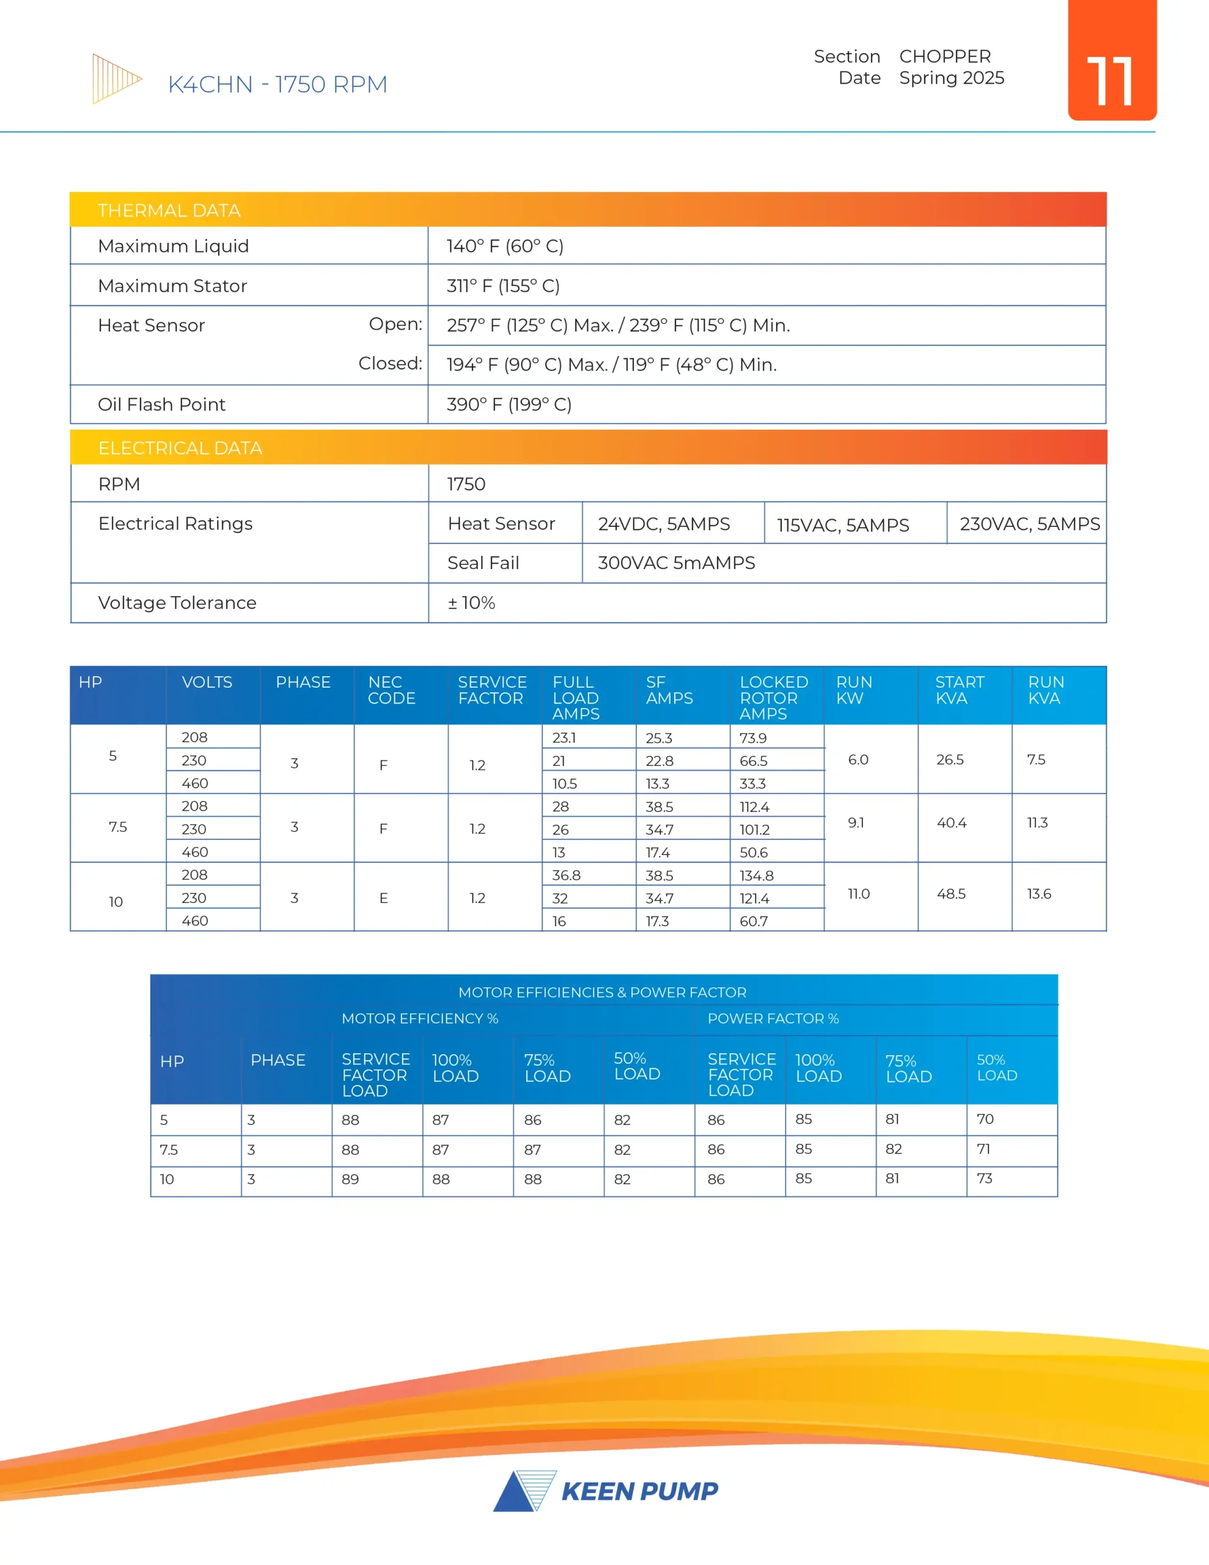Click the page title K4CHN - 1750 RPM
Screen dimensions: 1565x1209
coord(277,84)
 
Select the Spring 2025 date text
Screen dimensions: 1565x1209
coord(951,78)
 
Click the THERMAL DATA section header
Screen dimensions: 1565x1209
coord(169,211)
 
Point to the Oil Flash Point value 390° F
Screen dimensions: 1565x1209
coord(509,405)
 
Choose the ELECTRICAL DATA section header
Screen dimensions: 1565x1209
coord(180,449)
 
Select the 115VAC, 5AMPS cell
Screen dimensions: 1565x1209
coord(843,525)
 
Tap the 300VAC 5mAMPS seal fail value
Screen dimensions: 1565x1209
coord(676,563)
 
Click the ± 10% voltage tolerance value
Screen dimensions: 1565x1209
coord(472,603)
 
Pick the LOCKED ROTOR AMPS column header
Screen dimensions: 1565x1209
coord(773,698)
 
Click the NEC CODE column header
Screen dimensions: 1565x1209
coord(391,690)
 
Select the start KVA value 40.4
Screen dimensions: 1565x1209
coord(951,823)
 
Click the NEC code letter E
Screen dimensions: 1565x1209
coord(383,899)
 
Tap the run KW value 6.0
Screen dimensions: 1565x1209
coord(858,759)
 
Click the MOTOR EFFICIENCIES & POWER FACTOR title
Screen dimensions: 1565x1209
coord(602,992)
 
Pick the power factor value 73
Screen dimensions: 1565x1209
coord(984,1179)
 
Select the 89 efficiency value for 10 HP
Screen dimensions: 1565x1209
coord(350,1179)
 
